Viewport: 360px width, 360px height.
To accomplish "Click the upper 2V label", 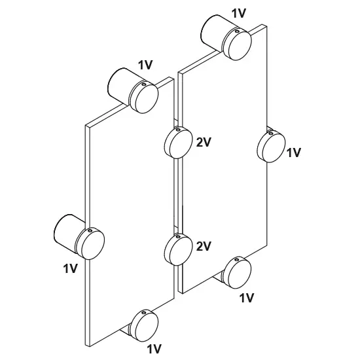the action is (x=204, y=143).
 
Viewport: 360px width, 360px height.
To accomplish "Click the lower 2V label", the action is (x=204, y=246).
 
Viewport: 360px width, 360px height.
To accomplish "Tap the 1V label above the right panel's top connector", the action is (x=239, y=13).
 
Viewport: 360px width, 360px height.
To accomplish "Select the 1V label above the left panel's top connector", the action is (x=145, y=65).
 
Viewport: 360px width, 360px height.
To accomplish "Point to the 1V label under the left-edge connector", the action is (x=71, y=268).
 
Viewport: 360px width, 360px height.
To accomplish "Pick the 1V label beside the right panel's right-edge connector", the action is (x=294, y=153).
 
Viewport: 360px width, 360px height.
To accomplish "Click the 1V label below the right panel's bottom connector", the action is (x=246, y=298).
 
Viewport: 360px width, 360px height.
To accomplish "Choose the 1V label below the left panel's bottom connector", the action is (x=154, y=349).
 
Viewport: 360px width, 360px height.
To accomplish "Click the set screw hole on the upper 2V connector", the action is (x=177, y=130).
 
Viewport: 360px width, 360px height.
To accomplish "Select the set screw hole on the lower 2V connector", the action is (x=177, y=237).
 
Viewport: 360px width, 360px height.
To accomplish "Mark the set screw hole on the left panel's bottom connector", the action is (x=143, y=312).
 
